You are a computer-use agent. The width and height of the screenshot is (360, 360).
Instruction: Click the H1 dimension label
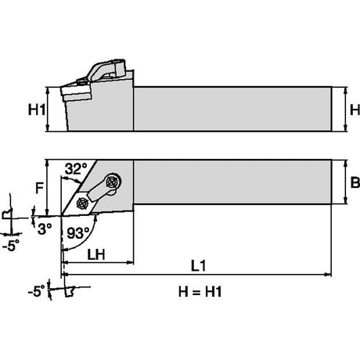click(37, 110)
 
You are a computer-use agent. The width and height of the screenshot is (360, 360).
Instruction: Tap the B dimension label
click(355, 182)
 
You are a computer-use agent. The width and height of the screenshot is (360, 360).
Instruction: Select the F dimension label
click(39, 188)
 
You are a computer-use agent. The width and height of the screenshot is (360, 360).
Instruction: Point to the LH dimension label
click(96, 254)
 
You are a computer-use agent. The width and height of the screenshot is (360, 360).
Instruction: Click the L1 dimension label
click(199, 266)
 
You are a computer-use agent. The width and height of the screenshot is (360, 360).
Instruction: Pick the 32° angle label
click(76, 169)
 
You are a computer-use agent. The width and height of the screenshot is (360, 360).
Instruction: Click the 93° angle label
click(78, 233)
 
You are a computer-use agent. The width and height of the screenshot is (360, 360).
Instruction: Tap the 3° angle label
click(45, 229)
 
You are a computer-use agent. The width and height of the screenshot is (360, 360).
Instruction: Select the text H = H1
click(200, 291)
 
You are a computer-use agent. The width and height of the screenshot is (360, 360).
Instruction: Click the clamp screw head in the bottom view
click(113, 181)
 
